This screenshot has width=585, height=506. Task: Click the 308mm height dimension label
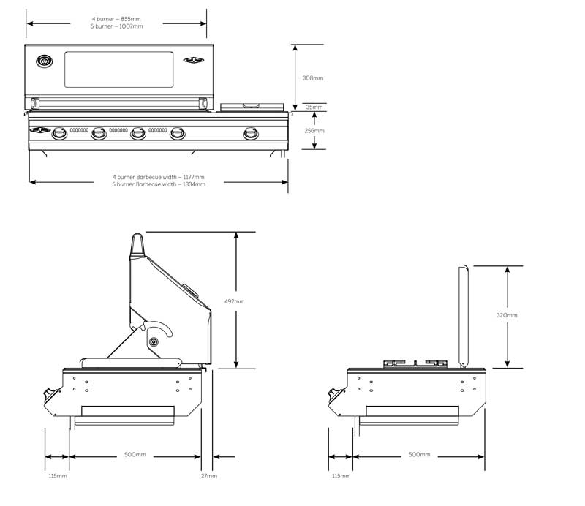coord(312,77)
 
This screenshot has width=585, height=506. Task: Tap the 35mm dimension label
coord(312,107)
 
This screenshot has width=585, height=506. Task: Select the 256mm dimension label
coord(313,131)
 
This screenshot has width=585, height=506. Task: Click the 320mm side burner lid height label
coord(507,315)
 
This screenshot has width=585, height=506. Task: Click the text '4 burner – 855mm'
coord(117,18)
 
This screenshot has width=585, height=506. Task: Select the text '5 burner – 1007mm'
coord(117,26)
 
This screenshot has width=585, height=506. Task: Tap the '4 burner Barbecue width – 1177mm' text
coord(159,177)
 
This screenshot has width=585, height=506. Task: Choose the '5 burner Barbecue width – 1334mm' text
coord(159,184)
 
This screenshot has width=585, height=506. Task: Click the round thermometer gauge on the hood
coord(45,61)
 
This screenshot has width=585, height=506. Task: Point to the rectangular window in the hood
coord(119,69)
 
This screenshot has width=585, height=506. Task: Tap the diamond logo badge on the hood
coord(194,61)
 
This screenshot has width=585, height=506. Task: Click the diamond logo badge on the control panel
coord(39,132)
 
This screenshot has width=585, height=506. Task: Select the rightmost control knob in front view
coord(251,133)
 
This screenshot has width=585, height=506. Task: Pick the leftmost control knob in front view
coord(58,133)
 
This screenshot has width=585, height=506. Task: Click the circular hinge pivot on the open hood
coord(154,342)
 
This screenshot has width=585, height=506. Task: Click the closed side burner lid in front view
coord(252,107)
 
